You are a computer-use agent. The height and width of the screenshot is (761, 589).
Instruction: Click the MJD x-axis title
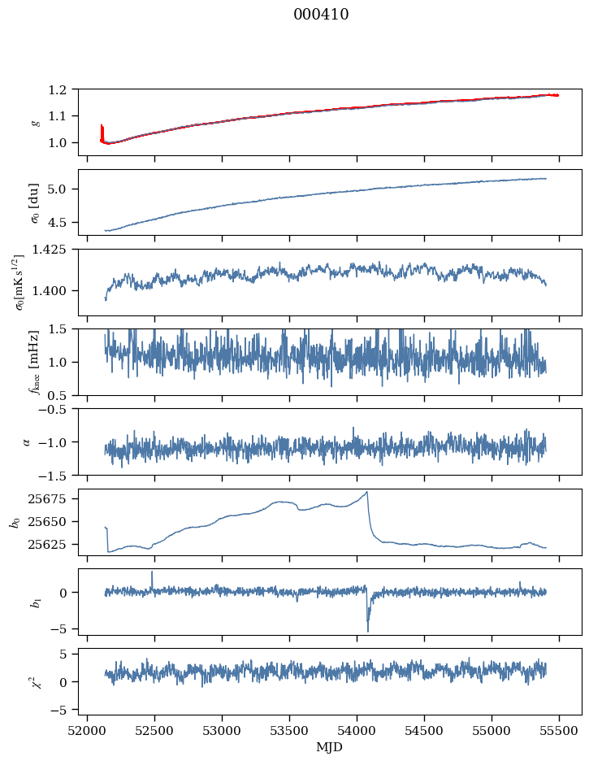[330, 746]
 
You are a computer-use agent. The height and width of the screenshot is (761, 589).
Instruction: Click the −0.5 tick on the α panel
[58, 409]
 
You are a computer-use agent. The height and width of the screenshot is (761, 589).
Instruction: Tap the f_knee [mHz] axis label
[34, 362]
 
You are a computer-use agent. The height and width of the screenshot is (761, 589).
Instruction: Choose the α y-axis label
[26, 441]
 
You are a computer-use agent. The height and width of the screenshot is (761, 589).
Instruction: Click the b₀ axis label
[15, 521]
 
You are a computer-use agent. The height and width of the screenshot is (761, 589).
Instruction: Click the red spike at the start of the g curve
[102, 130]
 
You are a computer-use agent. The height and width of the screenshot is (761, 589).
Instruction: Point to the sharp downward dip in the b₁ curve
[367, 629]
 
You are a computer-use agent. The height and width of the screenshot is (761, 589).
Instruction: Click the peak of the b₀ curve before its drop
[367, 492]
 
